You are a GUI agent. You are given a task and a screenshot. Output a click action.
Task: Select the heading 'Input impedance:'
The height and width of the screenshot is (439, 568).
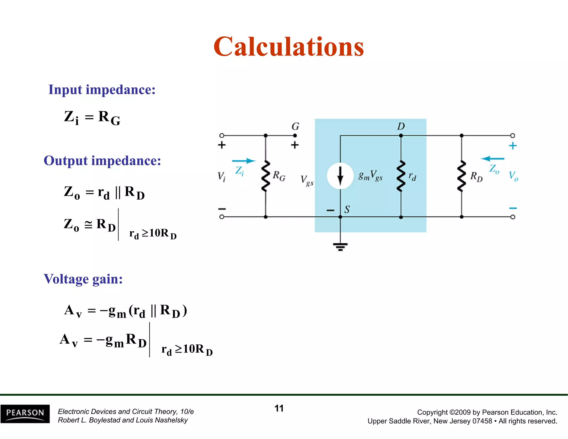coord(102,90)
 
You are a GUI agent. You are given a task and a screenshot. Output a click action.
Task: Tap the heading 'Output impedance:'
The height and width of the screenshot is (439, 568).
coord(102,161)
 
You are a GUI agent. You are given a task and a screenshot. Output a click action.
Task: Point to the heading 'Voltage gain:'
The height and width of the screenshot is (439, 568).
coord(83,279)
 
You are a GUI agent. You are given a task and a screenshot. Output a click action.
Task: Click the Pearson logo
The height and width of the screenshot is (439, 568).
coord(25,414)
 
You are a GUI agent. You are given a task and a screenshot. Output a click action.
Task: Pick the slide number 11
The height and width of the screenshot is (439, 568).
coord(279,408)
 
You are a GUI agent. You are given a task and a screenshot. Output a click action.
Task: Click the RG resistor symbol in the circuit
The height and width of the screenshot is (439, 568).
coord(266,176)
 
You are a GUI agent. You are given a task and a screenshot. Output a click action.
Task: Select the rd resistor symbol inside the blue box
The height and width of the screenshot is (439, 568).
coord(401,176)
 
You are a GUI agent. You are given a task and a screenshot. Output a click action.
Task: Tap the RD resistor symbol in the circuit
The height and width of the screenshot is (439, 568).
coord(461,176)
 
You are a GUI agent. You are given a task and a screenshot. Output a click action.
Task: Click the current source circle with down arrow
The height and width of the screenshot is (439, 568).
coord(340,176)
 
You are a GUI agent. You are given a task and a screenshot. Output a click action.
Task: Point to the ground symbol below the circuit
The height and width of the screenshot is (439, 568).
coord(340,246)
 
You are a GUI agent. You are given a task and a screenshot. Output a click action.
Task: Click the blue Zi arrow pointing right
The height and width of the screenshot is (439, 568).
coord(244,161)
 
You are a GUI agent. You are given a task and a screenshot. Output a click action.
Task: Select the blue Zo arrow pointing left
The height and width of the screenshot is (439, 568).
coord(493,159)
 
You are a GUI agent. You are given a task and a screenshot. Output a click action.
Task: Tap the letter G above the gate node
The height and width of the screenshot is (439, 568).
coord(295,127)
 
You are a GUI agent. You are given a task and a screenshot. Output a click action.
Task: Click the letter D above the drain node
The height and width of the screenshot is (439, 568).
coord(401,126)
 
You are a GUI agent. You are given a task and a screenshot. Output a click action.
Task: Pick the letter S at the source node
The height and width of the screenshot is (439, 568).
coord(347,210)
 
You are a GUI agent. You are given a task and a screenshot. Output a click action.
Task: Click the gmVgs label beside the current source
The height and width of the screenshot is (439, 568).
coord(370,176)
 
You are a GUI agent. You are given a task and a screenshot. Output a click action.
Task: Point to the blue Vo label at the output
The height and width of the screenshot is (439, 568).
coord(513,176)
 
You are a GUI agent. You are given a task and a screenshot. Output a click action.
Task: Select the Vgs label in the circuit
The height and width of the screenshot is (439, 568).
coord(307,180)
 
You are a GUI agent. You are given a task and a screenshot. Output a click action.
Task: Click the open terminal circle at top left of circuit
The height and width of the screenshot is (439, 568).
coord(222,135)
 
